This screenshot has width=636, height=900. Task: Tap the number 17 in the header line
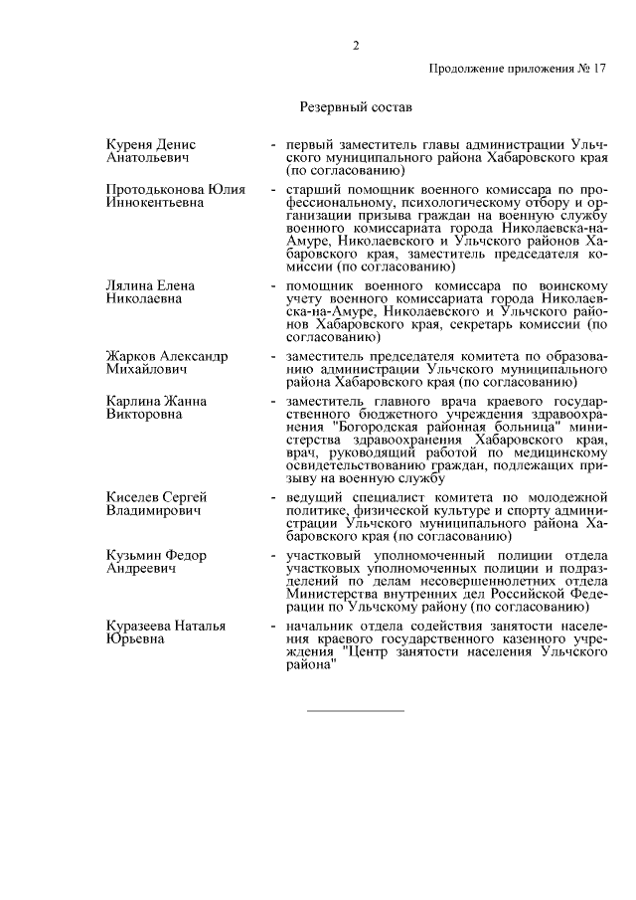click(x=597, y=70)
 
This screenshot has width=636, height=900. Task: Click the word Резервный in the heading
click(x=333, y=104)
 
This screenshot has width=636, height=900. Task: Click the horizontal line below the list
click(x=355, y=710)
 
